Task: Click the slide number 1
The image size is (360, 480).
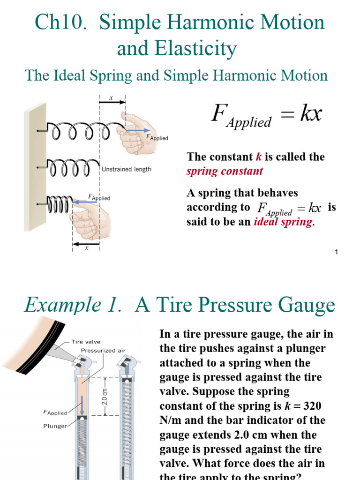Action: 337,253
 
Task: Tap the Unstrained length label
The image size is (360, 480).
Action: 127,169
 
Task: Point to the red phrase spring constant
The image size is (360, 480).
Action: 225,171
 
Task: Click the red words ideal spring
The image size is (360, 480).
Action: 283,222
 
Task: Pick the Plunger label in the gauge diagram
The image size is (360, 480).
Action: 55,426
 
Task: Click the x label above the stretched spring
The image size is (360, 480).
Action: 111,98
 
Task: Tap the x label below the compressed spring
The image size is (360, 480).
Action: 86,249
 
